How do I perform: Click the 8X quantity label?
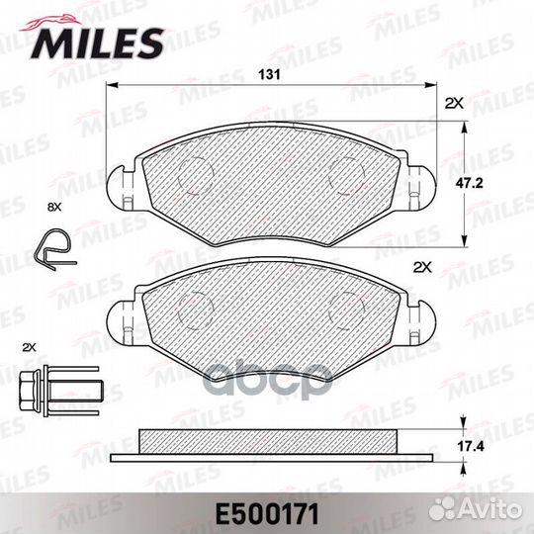click(x=53, y=207)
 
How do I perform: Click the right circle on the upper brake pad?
click(x=341, y=175)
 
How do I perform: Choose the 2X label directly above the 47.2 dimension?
click(x=454, y=103)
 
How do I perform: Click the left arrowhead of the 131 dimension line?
click(x=111, y=86)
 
